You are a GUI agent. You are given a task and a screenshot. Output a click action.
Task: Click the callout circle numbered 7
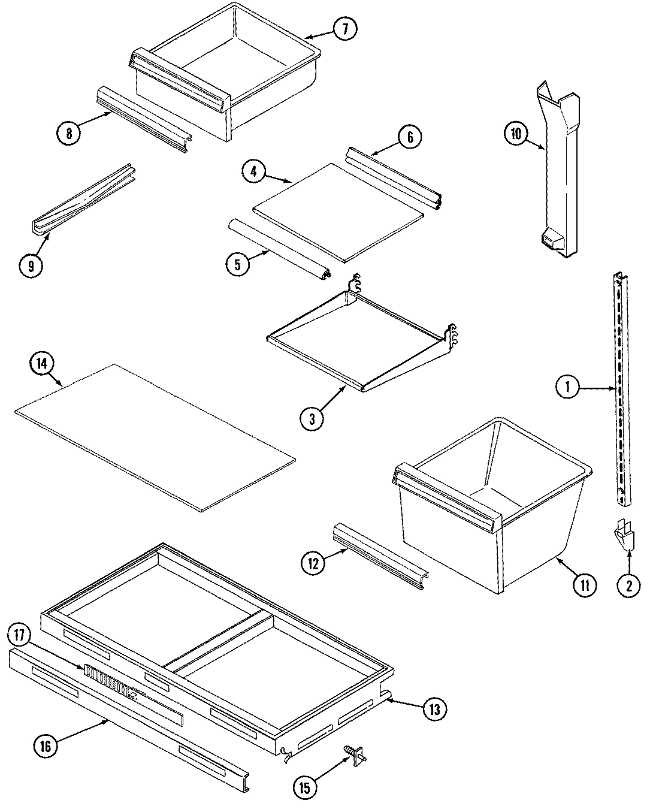pos(345,29)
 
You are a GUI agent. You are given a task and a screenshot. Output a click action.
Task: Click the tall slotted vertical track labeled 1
pos(621,390)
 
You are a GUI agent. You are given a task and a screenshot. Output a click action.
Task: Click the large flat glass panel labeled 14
pos(156,437)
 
